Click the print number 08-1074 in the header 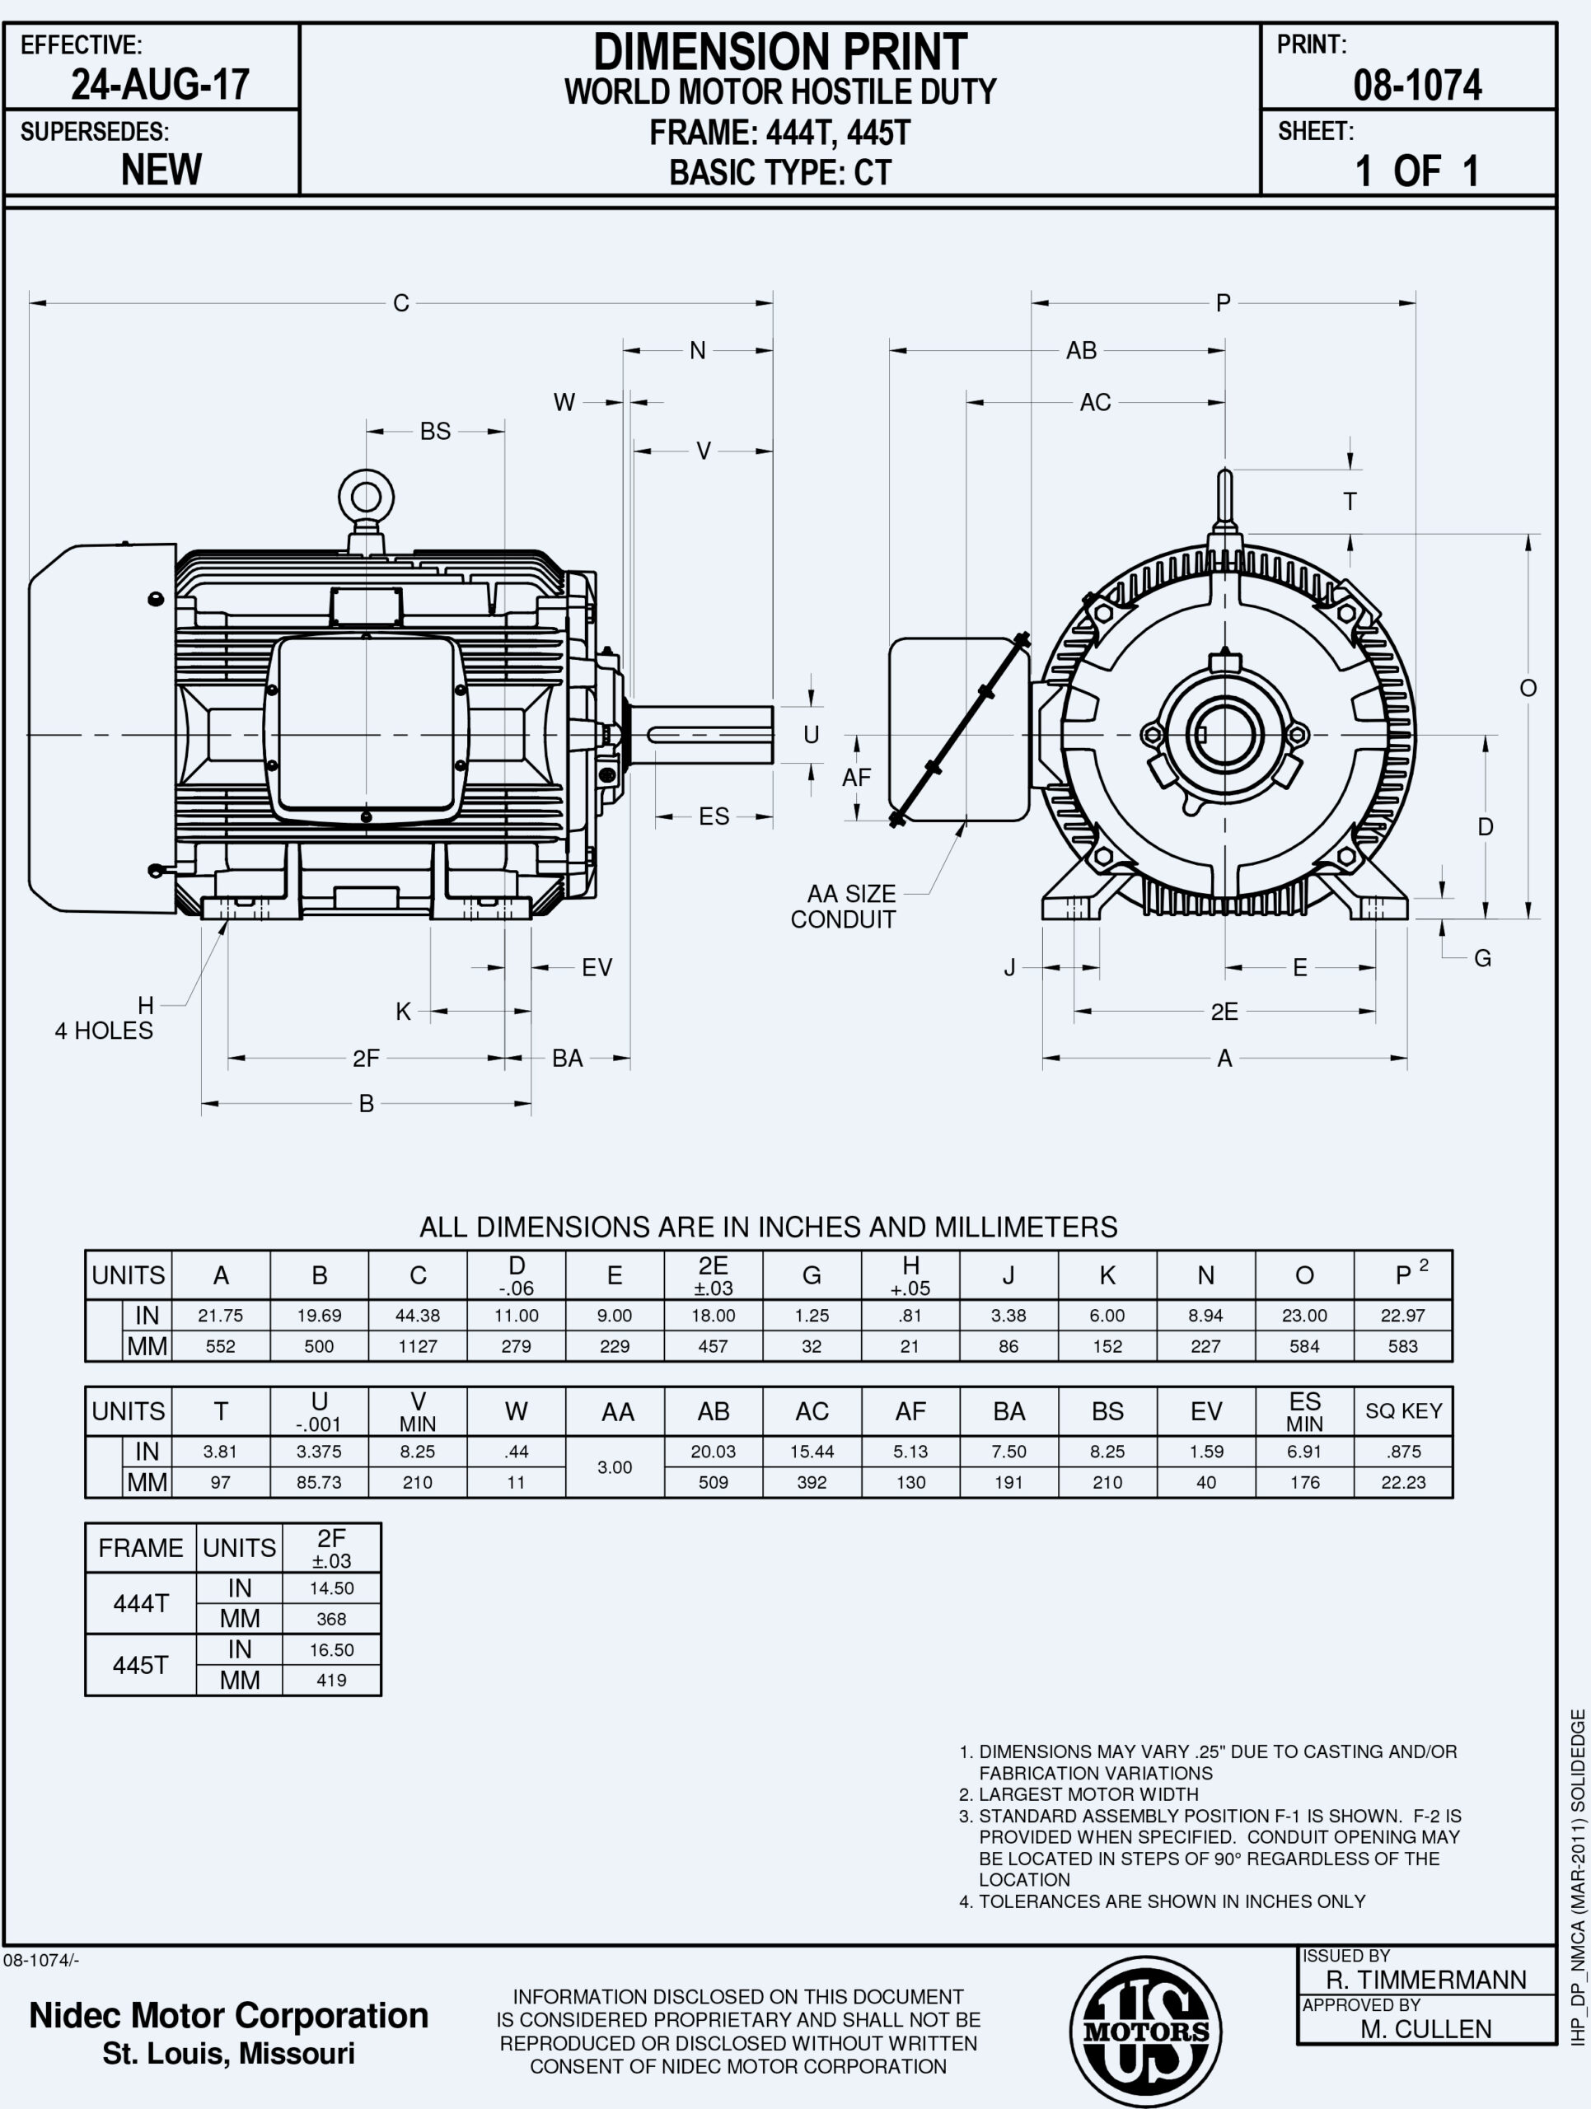pos(1416,86)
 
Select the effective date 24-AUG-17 pos(160,85)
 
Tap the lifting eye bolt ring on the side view pos(366,497)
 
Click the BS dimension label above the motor pos(435,431)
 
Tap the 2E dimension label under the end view pos(1224,1012)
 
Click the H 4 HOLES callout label pos(104,1018)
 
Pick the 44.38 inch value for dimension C pos(418,1316)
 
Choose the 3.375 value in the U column pos(320,1452)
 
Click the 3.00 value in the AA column pos(615,1467)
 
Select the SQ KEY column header pos(1403,1411)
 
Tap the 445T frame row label pos(140,1665)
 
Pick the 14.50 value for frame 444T pos(332,1588)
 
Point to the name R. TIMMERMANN pos(1426,1980)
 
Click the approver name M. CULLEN pos(1426,2029)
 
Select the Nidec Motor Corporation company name pos(229,2016)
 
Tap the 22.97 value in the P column pos(1403,1316)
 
